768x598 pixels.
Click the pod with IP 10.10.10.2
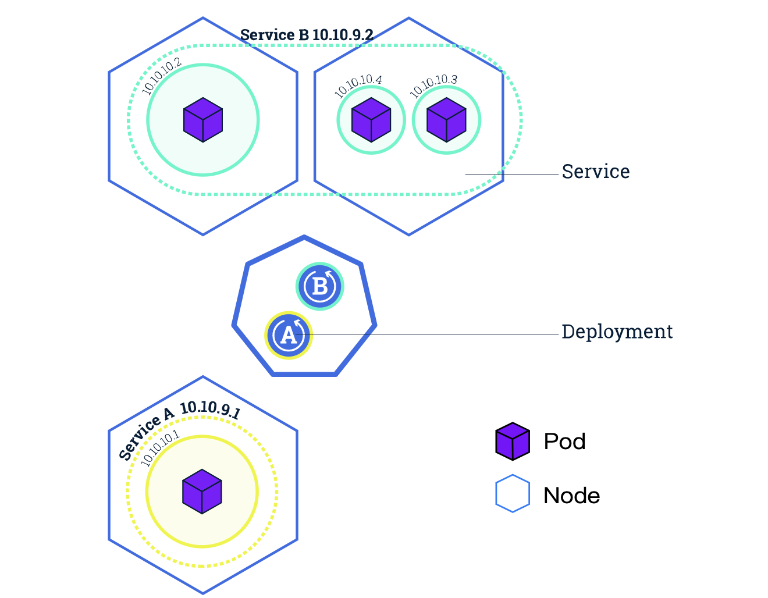coord(203,120)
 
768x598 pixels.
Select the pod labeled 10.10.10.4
coord(371,120)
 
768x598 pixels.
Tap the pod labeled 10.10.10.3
coord(446,120)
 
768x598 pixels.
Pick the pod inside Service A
coord(202,492)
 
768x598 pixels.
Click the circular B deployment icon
coord(320,286)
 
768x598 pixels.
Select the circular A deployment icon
coord(289,335)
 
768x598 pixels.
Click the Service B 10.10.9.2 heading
coord(306,35)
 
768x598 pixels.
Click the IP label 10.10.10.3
coord(433,86)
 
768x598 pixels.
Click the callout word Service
coord(595,172)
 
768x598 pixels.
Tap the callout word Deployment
coord(617,332)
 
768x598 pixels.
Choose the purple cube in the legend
coord(513,441)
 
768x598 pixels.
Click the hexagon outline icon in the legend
coord(513,494)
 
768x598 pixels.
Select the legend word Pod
coord(564,442)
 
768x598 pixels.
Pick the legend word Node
coord(571,496)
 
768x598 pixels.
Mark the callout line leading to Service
coord(512,174)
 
